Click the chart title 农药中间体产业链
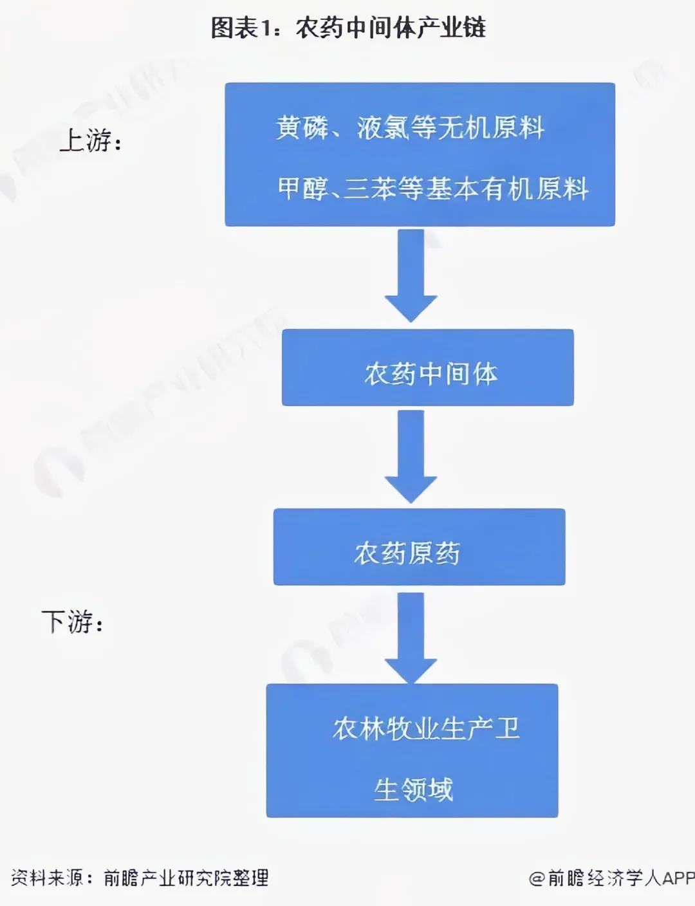pyautogui.click(x=391, y=28)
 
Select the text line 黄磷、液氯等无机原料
pyautogui.click(x=410, y=127)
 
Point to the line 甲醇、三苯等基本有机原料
pyautogui.click(x=432, y=189)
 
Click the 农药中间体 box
pyautogui.click(x=427, y=368)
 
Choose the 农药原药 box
pyautogui.click(x=419, y=548)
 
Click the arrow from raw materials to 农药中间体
pyautogui.click(x=411, y=275)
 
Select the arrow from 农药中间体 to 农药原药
pyautogui.click(x=411, y=456)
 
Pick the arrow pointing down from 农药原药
pyautogui.click(x=411, y=637)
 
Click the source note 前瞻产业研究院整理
pyautogui.click(x=186, y=878)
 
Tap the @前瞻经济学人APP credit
pyautogui.click(x=611, y=878)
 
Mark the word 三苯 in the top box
pyautogui.click(x=369, y=189)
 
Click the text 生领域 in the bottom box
pyautogui.click(x=413, y=790)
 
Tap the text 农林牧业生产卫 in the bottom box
pyautogui.click(x=426, y=728)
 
